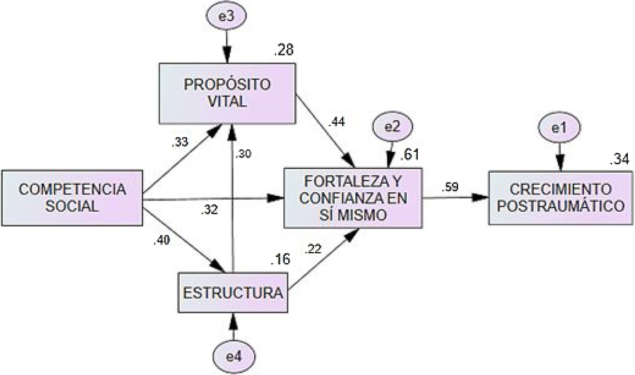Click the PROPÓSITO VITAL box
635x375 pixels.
click(x=227, y=93)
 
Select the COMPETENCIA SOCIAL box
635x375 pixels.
click(x=72, y=198)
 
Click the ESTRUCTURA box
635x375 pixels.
click(x=233, y=293)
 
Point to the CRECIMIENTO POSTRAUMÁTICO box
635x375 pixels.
click(x=561, y=198)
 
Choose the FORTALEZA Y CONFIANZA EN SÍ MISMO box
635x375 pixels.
click(x=353, y=198)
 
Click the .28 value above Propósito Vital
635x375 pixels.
click(x=284, y=50)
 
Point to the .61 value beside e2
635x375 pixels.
click(x=409, y=155)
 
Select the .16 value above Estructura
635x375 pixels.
click(x=280, y=259)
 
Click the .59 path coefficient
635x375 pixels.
click(x=450, y=187)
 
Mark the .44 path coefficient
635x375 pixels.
click(x=337, y=122)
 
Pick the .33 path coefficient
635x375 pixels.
click(x=180, y=143)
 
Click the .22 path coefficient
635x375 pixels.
click(x=313, y=250)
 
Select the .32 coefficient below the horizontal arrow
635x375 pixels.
click(x=210, y=210)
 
